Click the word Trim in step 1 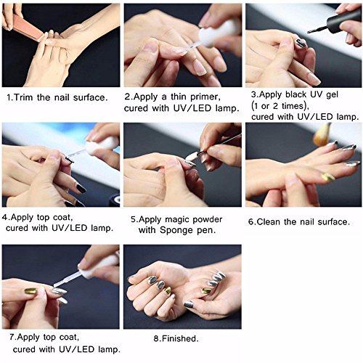tap(24, 97)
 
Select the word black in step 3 tap(296, 94)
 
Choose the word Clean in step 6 tap(268, 221)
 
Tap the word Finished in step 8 tap(180, 338)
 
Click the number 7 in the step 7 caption tap(12, 337)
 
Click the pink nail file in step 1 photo tap(27, 27)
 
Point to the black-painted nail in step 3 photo tap(301, 43)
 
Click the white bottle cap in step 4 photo tap(100, 145)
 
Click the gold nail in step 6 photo tap(327, 176)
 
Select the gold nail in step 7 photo tap(30, 290)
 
